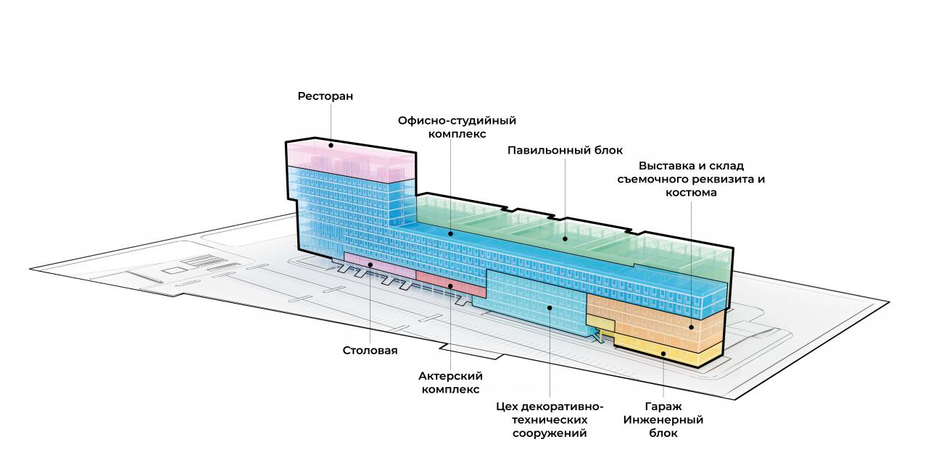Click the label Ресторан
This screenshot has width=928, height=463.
[326, 96]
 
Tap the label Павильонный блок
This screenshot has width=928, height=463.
[565, 150]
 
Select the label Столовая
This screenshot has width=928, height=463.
[370, 351]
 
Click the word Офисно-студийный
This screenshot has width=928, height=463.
[457, 120]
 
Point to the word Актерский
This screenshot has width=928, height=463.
[450, 376]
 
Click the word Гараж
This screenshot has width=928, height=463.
[663, 406]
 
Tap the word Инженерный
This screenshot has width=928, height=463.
[663, 420]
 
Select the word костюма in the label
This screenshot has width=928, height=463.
[691, 193]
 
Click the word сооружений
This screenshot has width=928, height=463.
[550, 433]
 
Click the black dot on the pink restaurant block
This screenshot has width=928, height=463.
[331, 146]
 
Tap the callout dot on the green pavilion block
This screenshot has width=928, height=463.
[565, 239]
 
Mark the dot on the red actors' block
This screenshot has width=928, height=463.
[451, 285]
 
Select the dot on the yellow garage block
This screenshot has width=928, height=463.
[663, 354]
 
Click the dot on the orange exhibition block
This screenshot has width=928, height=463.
[691, 328]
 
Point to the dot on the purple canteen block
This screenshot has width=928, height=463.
[370, 264]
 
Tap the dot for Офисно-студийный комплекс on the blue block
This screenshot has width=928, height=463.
[451, 234]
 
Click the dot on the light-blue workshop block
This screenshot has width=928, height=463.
[550, 307]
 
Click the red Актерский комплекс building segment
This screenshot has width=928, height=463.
[451, 285]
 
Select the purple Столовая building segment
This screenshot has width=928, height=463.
[380, 265]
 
